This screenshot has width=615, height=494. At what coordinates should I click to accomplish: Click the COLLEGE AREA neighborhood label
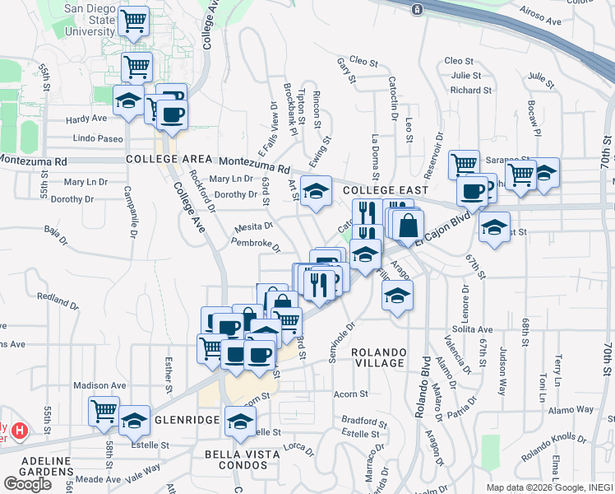tap(164, 158)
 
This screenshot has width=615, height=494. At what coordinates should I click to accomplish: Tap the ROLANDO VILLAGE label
tap(378, 357)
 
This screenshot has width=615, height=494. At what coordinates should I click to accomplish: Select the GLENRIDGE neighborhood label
tap(187, 419)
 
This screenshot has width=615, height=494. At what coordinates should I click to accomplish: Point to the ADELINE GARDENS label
tap(38, 464)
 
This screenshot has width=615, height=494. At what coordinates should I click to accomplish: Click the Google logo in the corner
tap(27, 483)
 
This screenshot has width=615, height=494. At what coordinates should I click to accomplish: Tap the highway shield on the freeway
tap(418, 9)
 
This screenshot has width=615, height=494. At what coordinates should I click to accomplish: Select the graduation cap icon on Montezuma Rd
tap(315, 191)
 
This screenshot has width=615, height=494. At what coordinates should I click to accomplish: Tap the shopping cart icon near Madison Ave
tap(104, 410)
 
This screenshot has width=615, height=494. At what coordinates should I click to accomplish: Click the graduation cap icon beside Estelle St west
tap(134, 420)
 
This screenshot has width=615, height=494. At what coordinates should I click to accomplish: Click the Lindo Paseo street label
tap(98, 138)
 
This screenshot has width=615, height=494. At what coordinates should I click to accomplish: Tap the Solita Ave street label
tap(472, 329)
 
